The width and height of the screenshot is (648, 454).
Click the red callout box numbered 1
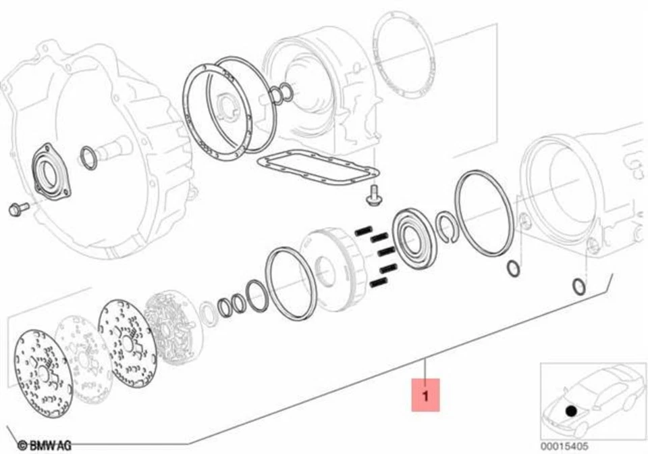(x=425, y=395)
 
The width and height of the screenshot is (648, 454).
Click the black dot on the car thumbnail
(x=572, y=409)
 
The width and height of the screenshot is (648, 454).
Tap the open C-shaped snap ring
(x=446, y=226)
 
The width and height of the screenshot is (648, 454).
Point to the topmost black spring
(x=364, y=230)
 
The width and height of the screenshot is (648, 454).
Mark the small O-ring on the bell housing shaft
(x=88, y=159)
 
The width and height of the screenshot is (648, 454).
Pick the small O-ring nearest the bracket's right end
(x=578, y=286)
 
